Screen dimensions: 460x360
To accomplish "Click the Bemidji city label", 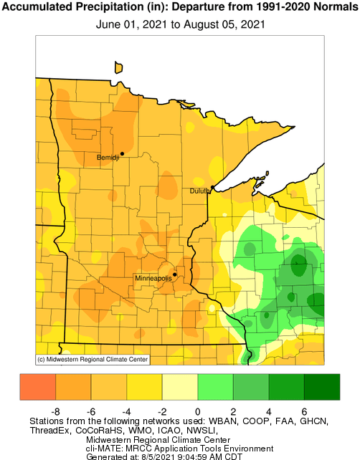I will [x=108, y=157].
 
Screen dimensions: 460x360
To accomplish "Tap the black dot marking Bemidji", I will [x=122, y=153].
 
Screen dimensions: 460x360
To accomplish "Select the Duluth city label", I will [x=199, y=191].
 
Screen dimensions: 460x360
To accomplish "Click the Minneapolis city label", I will [x=153, y=277].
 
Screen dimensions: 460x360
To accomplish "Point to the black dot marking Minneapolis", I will [x=175, y=274].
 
